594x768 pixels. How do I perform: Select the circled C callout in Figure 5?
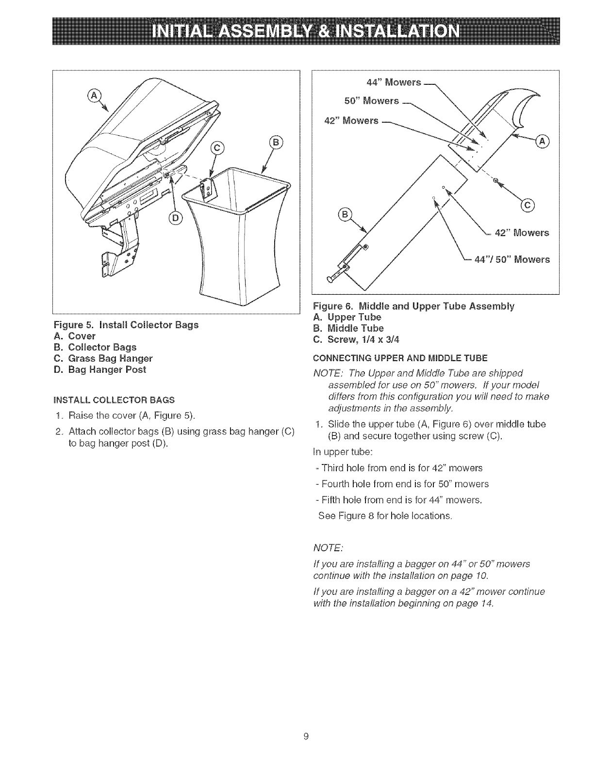pos(214,149)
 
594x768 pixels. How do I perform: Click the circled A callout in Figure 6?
pos(541,141)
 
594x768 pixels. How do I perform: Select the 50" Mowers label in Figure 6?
pos(372,101)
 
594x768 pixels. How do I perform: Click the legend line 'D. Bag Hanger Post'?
pos(108,369)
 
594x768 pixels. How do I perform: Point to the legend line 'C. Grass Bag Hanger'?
pos(111,358)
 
